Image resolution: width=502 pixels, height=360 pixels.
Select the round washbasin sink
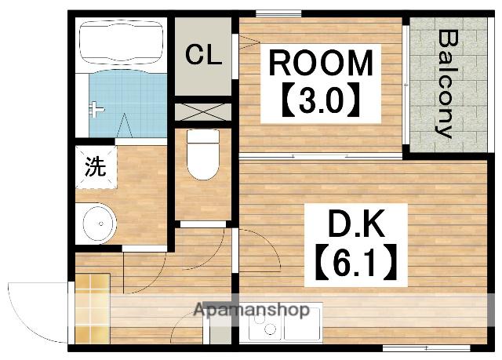point(98,223)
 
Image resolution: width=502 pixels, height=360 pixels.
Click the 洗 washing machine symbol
point(94,167)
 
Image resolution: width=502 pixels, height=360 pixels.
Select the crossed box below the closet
point(202,110)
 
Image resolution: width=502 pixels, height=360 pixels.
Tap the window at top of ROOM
point(278,13)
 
